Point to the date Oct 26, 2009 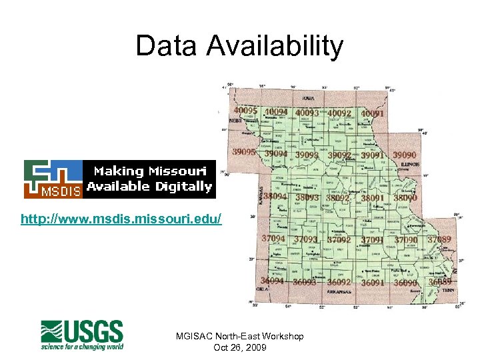pos(240,347)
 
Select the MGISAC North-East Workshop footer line pos(240,336)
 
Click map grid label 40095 pos(246,110)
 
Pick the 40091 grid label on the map pos(372,114)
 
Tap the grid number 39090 pos(405,155)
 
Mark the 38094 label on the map pos(275,197)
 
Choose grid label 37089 pos(439,239)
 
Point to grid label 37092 pos(339,239)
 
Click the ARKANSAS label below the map pos(341,291)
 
